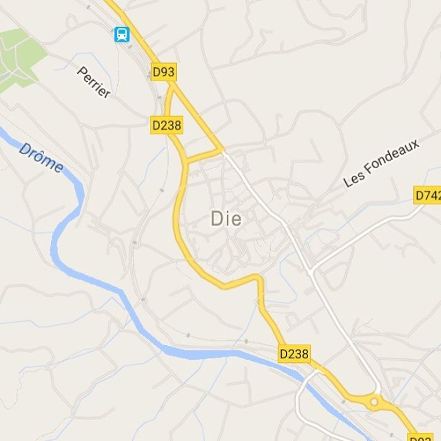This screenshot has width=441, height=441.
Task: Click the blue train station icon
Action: (x=122, y=34)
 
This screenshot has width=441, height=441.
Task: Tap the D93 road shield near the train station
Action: (x=164, y=72)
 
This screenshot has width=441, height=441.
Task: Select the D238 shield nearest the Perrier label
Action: (x=167, y=125)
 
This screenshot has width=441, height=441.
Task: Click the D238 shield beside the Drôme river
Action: (x=294, y=354)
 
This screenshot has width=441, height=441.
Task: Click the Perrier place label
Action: (x=94, y=83)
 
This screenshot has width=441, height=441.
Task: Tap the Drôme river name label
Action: (x=41, y=157)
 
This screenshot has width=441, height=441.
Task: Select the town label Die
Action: (x=226, y=219)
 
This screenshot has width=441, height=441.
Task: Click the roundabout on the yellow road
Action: (x=374, y=401)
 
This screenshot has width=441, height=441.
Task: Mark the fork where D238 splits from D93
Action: (x=173, y=88)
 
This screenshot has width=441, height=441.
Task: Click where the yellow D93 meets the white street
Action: (x=223, y=150)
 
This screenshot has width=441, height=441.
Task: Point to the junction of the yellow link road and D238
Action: (x=187, y=161)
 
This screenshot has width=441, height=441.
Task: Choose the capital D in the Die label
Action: (x=217, y=219)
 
